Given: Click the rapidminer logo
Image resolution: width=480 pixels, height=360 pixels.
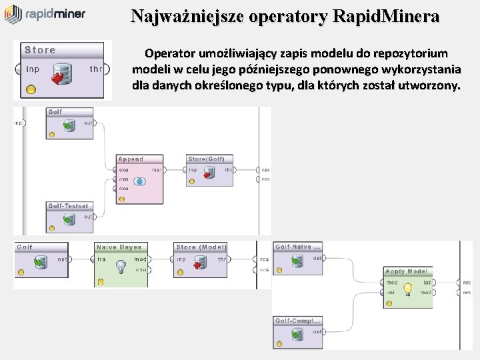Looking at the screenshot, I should (x=45, y=14).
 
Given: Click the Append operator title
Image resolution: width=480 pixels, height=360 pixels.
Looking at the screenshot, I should (x=131, y=159).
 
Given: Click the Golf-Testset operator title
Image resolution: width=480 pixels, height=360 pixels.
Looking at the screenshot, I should (x=68, y=206).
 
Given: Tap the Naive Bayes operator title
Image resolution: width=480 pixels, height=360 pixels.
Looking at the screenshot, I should (x=120, y=247).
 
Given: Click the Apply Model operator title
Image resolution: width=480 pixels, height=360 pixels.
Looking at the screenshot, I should (x=407, y=271).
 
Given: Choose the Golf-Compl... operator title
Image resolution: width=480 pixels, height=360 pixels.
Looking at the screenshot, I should (x=298, y=321).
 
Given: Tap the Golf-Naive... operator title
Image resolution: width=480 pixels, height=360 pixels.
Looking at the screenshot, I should (x=298, y=247).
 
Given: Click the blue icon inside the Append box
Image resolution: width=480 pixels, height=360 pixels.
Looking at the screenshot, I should (x=139, y=181).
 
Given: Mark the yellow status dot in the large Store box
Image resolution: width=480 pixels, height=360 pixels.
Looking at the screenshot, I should (x=31, y=89).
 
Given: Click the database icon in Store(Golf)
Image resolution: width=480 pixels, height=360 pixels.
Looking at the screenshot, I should (x=209, y=173).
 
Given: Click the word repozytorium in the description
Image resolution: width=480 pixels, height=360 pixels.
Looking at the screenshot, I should (x=417, y=53).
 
